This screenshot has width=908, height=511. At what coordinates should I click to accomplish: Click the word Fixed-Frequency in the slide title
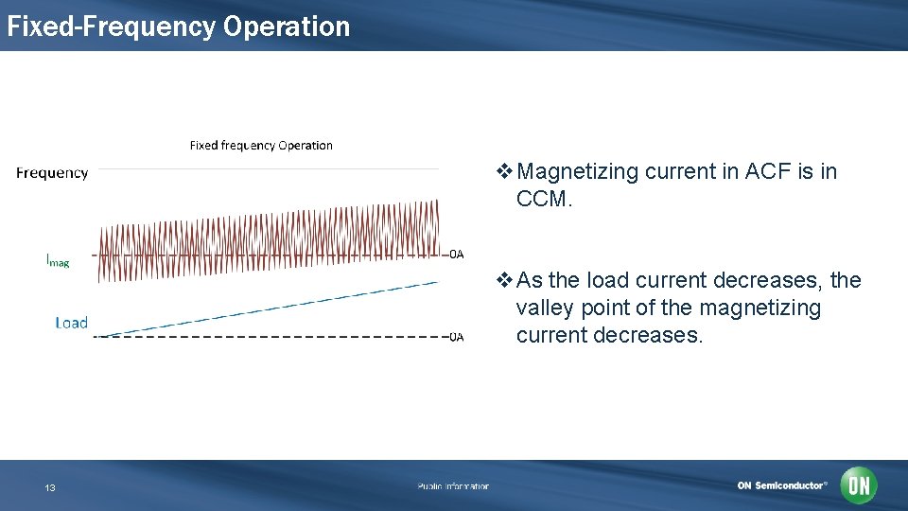[x=112, y=26]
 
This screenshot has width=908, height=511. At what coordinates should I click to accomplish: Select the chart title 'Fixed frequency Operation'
[x=261, y=146]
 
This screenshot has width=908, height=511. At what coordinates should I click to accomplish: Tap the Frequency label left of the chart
[x=52, y=172]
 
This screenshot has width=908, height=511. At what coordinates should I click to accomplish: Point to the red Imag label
[x=58, y=259]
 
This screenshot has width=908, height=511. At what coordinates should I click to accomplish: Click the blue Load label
[x=71, y=323]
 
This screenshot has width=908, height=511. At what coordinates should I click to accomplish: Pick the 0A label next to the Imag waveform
[x=456, y=254]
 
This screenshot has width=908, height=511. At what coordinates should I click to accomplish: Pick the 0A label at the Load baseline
[x=456, y=337]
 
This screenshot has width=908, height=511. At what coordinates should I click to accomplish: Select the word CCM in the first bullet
[x=543, y=200]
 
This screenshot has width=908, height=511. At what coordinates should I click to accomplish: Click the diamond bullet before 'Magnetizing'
[x=505, y=172]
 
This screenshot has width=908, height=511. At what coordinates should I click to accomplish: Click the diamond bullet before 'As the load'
[x=505, y=280]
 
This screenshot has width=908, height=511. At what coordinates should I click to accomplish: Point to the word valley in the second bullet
[x=545, y=308]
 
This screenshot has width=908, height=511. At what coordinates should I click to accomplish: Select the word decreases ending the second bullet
[x=656, y=336]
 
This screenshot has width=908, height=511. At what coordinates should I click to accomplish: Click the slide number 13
[x=50, y=487]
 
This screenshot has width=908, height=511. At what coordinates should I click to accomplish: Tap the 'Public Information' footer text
[x=453, y=486]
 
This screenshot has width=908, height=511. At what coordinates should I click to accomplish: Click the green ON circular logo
[x=859, y=485]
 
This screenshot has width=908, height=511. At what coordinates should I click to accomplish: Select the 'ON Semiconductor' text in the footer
[x=781, y=485]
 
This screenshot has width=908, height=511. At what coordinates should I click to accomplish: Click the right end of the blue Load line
[x=436, y=282]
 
